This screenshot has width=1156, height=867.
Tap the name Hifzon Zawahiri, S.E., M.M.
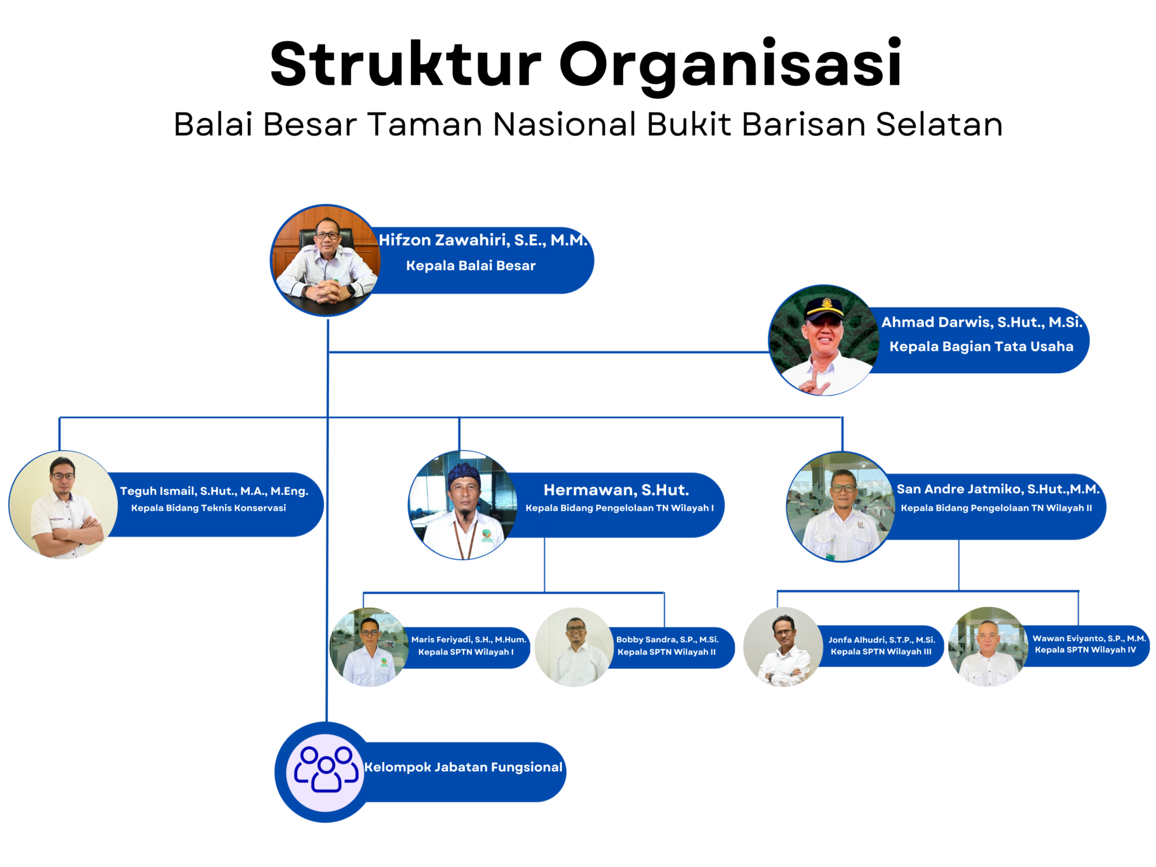(483, 240)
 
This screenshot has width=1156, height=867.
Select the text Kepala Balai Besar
(471, 266)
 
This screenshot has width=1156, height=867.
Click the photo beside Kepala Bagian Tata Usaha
(824, 341)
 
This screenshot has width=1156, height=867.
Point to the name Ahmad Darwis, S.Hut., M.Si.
(982, 322)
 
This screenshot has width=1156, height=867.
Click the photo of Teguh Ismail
(63, 505)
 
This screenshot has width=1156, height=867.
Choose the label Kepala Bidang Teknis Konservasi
(208, 508)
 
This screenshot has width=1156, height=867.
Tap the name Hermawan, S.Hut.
(616, 490)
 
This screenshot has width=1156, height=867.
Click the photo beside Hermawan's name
(463, 505)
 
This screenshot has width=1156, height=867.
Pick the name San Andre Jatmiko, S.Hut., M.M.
(997, 489)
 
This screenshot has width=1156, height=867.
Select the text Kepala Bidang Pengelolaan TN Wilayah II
(996, 508)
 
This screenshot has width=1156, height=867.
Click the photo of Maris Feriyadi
(369, 647)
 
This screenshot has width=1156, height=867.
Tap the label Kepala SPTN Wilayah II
(667, 652)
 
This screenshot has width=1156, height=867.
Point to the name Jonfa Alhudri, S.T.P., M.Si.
(882, 640)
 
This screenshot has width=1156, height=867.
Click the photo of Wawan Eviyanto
(988, 647)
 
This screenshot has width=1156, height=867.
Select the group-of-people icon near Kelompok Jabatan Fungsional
(326, 771)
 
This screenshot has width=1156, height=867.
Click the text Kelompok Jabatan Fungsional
(463, 767)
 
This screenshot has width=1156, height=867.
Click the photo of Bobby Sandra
(574, 647)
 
